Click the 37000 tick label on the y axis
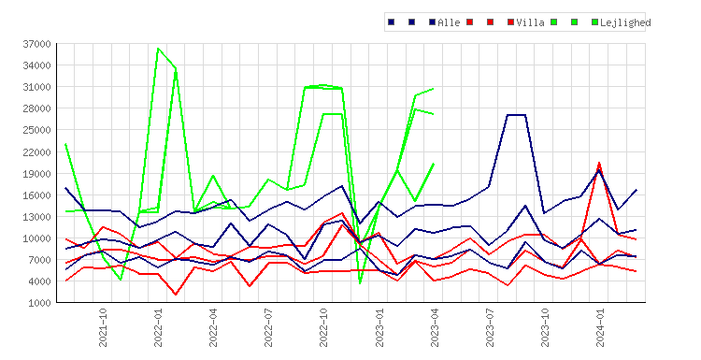pos(37,44)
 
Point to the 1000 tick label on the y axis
pos(40,303)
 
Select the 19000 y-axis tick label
pos(37,174)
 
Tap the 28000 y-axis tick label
pos(37,109)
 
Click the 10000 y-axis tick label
pos(37,238)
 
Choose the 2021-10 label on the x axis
pos(103,327)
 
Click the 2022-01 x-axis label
pos(158,327)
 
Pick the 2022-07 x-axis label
pos(268,327)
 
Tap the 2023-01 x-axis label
pos(379,327)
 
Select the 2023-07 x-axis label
pos(490,327)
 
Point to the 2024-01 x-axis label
pos(600,327)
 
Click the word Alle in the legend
pos(449,22)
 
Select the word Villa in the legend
pos(530,22)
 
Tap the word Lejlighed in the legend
pos(625,22)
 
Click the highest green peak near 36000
pos(158,49)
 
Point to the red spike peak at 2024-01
pos(599,164)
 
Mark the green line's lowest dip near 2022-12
pos(360,283)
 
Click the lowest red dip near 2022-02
pos(176,294)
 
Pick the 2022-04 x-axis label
pos(213,327)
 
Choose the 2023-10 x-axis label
pos(545,327)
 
